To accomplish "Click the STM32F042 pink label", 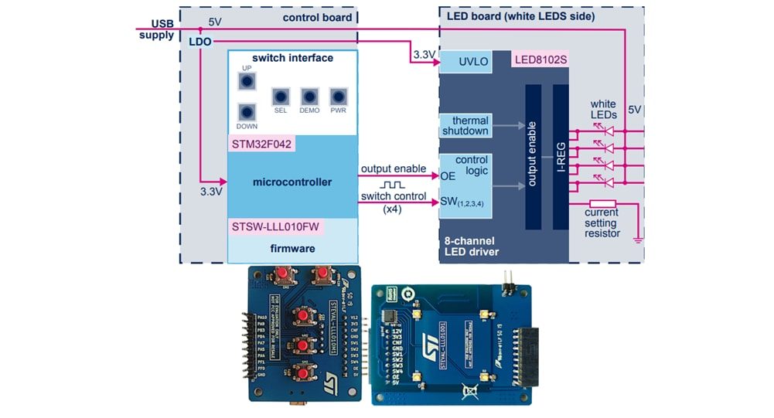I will click(x=262, y=144).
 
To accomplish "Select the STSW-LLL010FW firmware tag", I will click(x=276, y=227).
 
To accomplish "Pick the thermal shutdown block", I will click(x=465, y=126).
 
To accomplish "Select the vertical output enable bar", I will click(x=534, y=157).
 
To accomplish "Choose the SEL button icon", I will click(x=281, y=97).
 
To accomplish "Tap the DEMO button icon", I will click(x=309, y=97).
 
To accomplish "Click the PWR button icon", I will click(x=338, y=97).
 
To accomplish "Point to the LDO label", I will click(x=199, y=41).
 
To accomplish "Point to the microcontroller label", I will click(x=292, y=182).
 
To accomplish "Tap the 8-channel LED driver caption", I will click(x=472, y=246).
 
